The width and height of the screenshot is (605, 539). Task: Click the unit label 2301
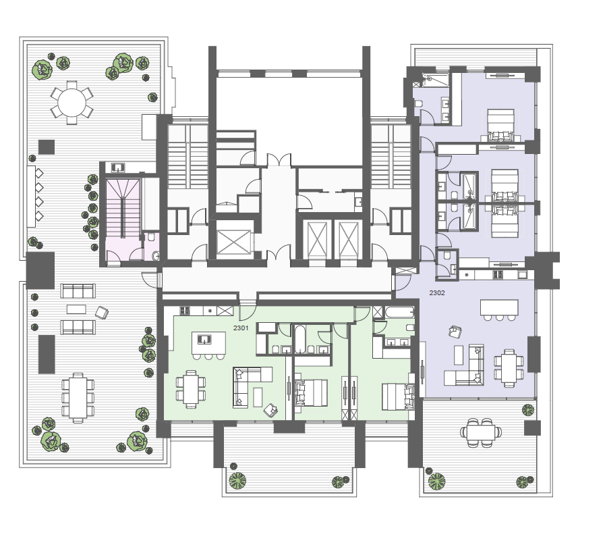[x=241, y=328]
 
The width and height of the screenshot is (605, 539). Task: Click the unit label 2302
[x=437, y=293]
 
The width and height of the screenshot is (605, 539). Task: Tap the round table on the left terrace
[x=71, y=103]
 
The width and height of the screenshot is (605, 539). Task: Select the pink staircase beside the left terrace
[x=123, y=208]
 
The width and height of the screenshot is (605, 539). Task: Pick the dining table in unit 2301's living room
[x=191, y=389]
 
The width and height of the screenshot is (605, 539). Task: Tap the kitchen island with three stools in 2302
[x=499, y=307]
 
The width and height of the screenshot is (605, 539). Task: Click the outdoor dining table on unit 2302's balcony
[x=481, y=433]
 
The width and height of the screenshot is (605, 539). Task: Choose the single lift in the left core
[x=233, y=242]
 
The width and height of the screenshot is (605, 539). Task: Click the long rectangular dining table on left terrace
[x=78, y=398]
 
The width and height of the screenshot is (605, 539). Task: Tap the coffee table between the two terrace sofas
[x=76, y=309]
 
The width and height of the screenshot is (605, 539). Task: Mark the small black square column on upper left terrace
[x=47, y=147]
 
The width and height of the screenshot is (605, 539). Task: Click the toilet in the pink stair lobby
[x=151, y=236]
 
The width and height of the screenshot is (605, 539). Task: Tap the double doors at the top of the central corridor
[x=279, y=160]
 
